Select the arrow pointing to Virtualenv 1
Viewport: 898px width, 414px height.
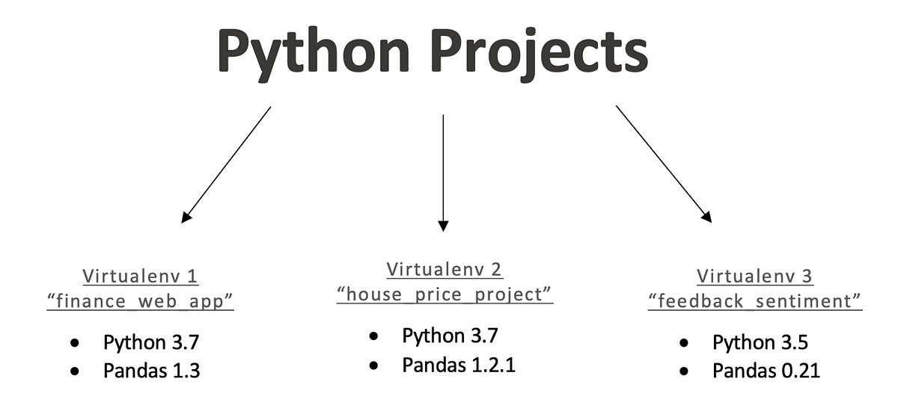click(x=226, y=164)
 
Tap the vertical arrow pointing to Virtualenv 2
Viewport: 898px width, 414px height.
click(x=443, y=172)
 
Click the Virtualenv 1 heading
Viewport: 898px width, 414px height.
click(x=141, y=276)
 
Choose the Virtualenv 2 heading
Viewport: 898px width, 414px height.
click(x=445, y=268)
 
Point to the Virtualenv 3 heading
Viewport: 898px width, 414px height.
click(x=754, y=276)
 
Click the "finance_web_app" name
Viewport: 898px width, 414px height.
click(x=141, y=301)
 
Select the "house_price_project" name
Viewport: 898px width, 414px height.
click(x=445, y=294)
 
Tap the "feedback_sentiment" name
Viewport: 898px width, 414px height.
click(x=754, y=301)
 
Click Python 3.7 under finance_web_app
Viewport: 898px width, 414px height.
click(x=151, y=343)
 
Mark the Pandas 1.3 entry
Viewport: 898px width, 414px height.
click(x=151, y=371)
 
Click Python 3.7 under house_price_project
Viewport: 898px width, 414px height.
click(x=450, y=336)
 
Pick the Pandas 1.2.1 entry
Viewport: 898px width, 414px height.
click(x=459, y=365)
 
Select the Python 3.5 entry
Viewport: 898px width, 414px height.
click(x=760, y=343)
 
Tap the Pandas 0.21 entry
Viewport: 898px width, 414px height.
click(x=766, y=371)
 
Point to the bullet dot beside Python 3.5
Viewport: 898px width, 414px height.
click(x=684, y=344)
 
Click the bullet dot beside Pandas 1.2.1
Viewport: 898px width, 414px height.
click(x=373, y=365)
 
